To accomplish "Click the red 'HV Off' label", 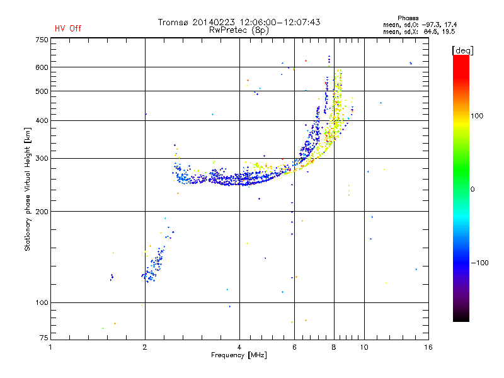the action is (x=68, y=28).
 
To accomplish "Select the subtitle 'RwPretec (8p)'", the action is (x=239, y=30).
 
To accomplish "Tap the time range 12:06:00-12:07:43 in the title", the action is (x=280, y=22).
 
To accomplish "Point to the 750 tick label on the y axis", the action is (x=42, y=40).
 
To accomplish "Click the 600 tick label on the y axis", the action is (x=42, y=67).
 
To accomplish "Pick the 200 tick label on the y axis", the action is (x=42, y=212).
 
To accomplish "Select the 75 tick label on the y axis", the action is (x=44, y=338).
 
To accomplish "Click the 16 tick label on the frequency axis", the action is (x=428, y=347).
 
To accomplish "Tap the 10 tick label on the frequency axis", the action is (x=364, y=347).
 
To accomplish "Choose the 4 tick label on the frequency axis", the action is (x=239, y=347).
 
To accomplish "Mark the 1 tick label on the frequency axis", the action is (x=50, y=347).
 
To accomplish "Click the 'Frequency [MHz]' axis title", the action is (x=239, y=355).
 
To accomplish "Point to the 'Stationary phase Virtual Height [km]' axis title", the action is (x=28, y=189).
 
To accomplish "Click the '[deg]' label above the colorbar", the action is (x=462, y=50).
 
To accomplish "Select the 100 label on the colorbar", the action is (x=477, y=116).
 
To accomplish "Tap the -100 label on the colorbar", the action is (x=479, y=263).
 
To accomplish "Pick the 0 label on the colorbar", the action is (x=472, y=190).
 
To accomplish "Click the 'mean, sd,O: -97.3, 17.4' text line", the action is (x=420, y=25).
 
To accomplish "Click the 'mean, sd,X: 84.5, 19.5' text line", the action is (x=419, y=32).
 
